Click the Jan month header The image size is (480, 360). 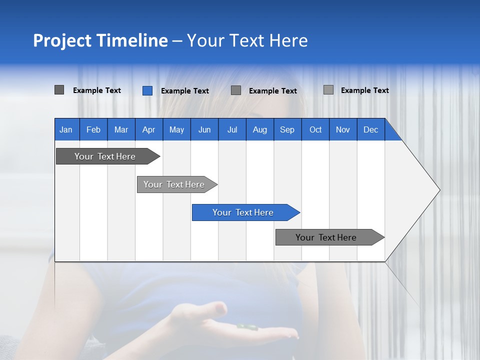(x=66, y=129)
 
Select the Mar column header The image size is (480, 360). (x=121, y=129)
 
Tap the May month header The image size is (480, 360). (x=176, y=129)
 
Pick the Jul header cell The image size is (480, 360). (x=232, y=129)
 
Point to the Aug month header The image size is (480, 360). (x=259, y=129)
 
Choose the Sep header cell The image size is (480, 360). (x=287, y=129)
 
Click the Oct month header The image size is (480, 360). (x=315, y=129)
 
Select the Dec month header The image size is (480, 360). (x=370, y=129)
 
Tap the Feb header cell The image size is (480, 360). (x=93, y=129)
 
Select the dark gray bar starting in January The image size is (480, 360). (x=105, y=156)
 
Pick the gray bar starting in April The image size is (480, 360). (x=174, y=184)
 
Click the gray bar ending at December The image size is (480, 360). (x=326, y=237)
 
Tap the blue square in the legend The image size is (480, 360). (x=147, y=90)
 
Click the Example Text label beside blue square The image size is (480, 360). (x=184, y=91)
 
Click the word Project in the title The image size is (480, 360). (x=63, y=40)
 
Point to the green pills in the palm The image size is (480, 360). (x=247, y=327)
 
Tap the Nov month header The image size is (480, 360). (x=343, y=129)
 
